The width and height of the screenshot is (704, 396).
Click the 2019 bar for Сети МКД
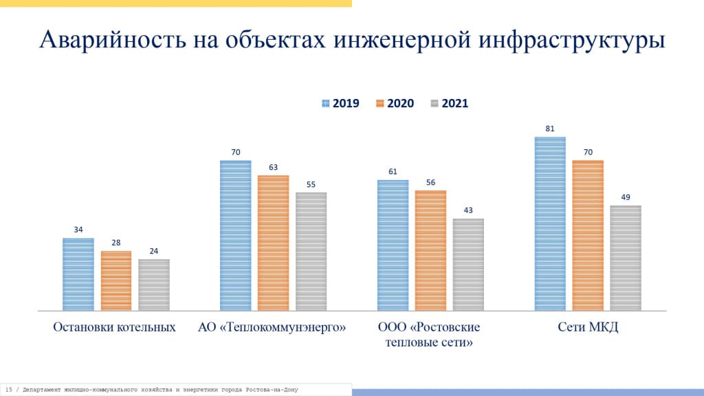pyautogui.click(x=550, y=223)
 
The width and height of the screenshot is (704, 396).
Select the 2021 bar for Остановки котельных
pyautogui.click(x=154, y=285)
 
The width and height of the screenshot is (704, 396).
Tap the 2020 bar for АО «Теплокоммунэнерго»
pyautogui.click(x=274, y=243)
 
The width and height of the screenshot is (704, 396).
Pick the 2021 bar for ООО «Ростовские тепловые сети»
pyautogui.click(x=468, y=265)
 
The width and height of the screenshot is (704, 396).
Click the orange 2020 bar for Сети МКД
pyautogui.click(x=588, y=235)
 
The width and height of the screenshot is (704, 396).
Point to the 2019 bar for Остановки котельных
pyautogui.click(x=78, y=274)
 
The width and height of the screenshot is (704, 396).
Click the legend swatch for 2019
pyautogui.click(x=326, y=103)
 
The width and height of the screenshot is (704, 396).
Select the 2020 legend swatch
pyautogui.click(x=380, y=103)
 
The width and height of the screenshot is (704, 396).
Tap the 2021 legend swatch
pyautogui.click(x=434, y=103)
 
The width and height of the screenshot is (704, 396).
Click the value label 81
pyautogui.click(x=550, y=129)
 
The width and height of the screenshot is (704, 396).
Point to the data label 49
pyautogui.click(x=626, y=197)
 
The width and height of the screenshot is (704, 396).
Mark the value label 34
pyautogui.click(x=78, y=230)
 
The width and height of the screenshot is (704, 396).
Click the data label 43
pyautogui.click(x=468, y=210)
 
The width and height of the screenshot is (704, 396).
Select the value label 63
pyautogui.click(x=274, y=167)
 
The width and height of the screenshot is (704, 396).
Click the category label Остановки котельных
pyautogui.click(x=114, y=327)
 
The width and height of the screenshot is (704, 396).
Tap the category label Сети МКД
pyautogui.click(x=588, y=327)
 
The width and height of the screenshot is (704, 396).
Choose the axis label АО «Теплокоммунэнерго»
pyautogui.click(x=272, y=327)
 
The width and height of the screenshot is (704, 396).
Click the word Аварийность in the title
pyautogui.click(x=107, y=40)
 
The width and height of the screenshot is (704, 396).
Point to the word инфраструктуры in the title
pyautogui.click(x=569, y=40)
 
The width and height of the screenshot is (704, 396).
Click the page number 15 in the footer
pyautogui.click(x=8, y=390)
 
